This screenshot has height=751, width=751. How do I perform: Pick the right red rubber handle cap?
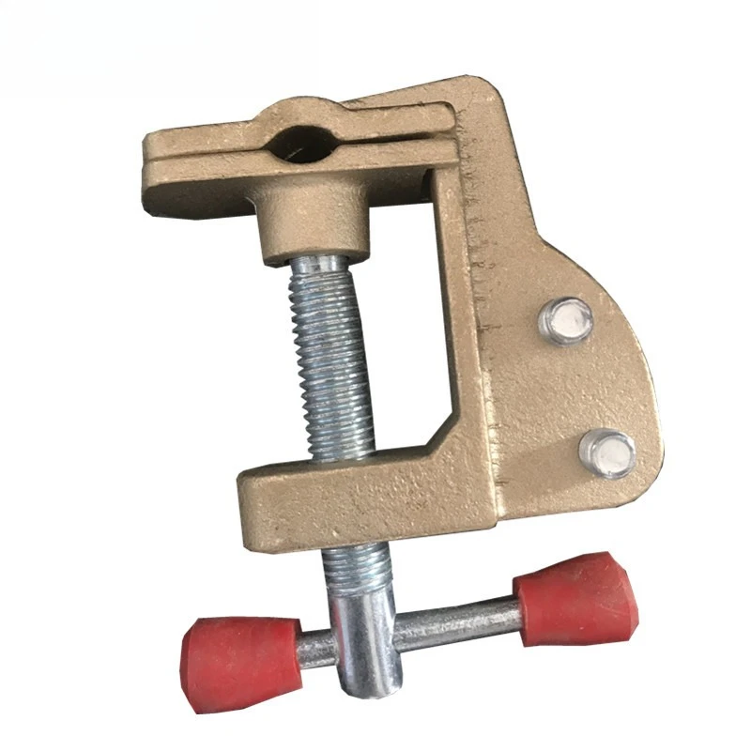point(576,599)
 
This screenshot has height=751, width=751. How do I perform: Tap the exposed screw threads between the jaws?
point(332,357)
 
